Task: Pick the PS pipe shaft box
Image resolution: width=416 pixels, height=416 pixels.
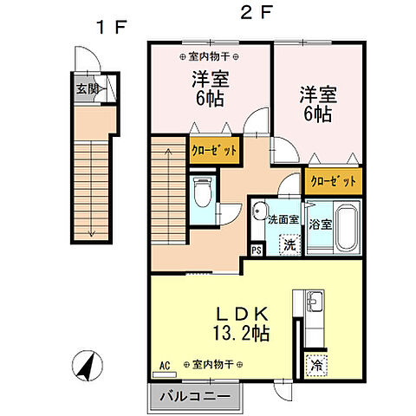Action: tap(257, 250)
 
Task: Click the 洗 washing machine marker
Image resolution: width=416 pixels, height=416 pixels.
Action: tap(290, 244)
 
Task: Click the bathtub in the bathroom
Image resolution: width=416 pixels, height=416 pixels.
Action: tap(348, 228)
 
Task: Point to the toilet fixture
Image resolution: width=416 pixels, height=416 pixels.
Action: tap(202, 192)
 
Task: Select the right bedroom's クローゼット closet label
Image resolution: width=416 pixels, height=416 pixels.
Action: tap(333, 182)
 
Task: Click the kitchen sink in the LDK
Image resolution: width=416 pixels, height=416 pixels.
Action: tap(315, 303)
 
